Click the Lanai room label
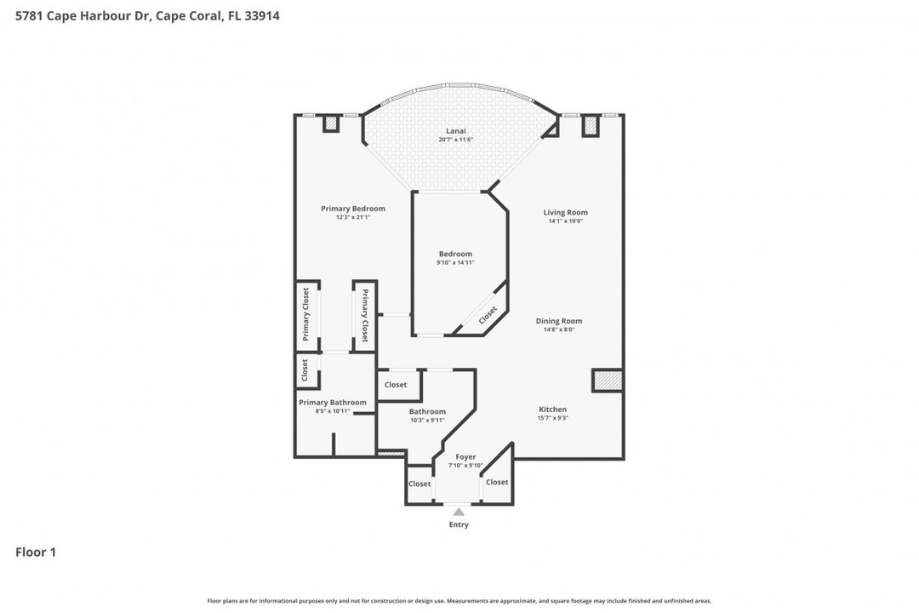pyautogui.click(x=455, y=131)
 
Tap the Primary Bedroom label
pyautogui.click(x=352, y=209)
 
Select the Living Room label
pyautogui.click(x=565, y=213)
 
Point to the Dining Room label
pyautogui.click(x=558, y=321)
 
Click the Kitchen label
pyautogui.click(x=552, y=410)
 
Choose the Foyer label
pyautogui.click(x=465, y=457)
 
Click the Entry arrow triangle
pyautogui.click(x=459, y=512)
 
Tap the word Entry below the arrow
pyautogui.click(x=459, y=524)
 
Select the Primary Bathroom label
pyautogui.click(x=332, y=403)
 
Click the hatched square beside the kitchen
pyautogui.click(x=608, y=381)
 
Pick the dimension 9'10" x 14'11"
pyautogui.click(x=455, y=263)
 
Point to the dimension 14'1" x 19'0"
pyautogui.click(x=565, y=221)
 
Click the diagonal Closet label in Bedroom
pyautogui.click(x=488, y=315)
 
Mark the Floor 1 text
pyautogui.click(x=36, y=553)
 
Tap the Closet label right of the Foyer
pyautogui.click(x=497, y=482)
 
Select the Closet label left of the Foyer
pyautogui.click(x=420, y=484)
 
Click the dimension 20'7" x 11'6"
pyautogui.click(x=455, y=140)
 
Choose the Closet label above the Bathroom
pyautogui.click(x=396, y=385)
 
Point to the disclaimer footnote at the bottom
pyautogui.click(x=459, y=601)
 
